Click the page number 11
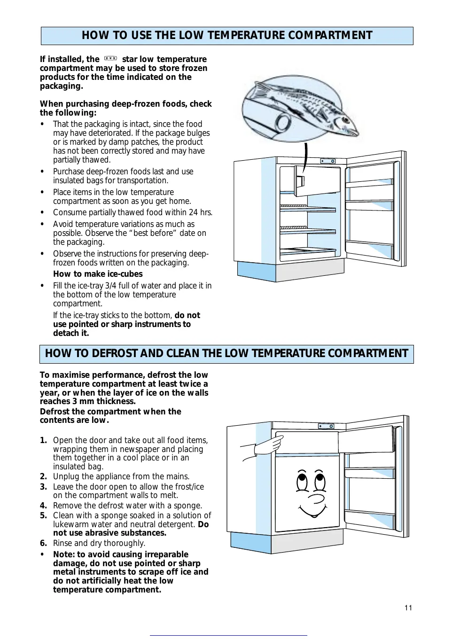(408, 608)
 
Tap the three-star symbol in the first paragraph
(110, 59)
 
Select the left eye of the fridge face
(302, 481)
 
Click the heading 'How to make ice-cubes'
(98, 274)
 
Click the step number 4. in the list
(43, 506)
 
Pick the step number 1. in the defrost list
(43, 440)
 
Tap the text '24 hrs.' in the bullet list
(201, 212)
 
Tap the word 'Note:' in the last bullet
(64, 554)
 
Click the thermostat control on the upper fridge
(327, 161)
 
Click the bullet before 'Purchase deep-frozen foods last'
(42, 171)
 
